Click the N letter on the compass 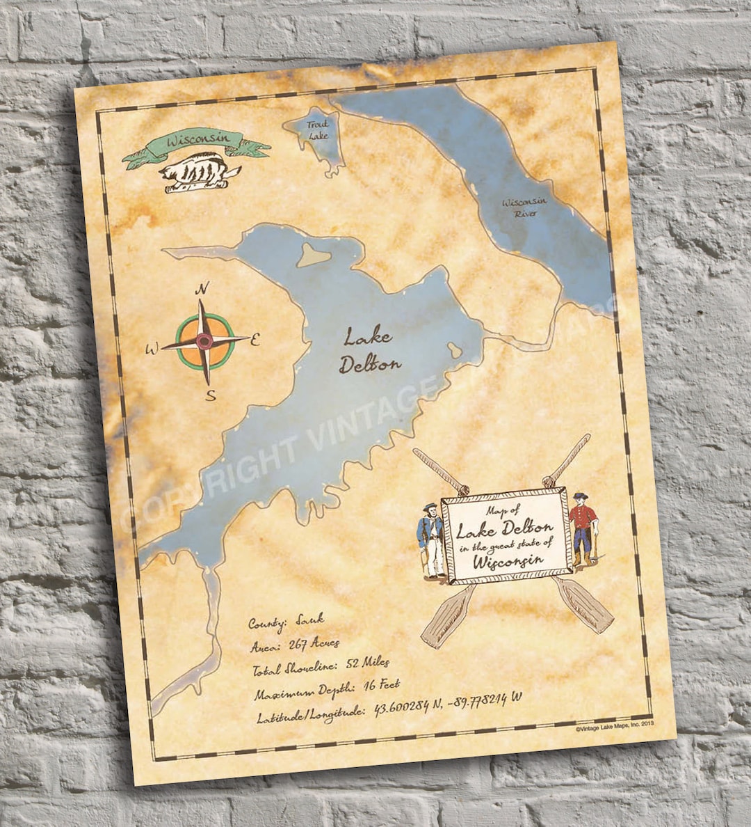pyautogui.click(x=202, y=289)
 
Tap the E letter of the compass pyautogui.click(x=255, y=340)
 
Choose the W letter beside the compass pyautogui.click(x=152, y=349)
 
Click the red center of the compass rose pyautogui.click(x=204, y=341)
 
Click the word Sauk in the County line pyautogui.click(x=310, y=617)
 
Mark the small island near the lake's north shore pyautogui.click(x=314, y=255)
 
